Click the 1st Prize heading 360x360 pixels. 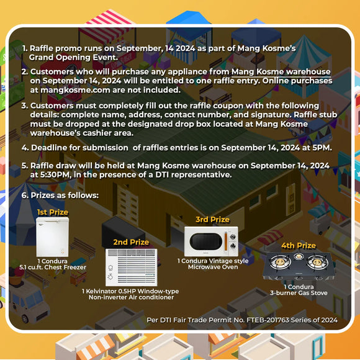click(x=53, y=212)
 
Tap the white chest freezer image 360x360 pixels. click(x=52, y=237)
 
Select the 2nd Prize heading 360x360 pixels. click(x=131, y=242)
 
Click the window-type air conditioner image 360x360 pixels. click(x=132, y=268)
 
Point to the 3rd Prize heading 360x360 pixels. click(x=213, y=220)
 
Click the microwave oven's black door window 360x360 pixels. click(x=206, y=241)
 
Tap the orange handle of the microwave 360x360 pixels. click(x=226, y=241)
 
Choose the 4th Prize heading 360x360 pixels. click(x=299, y=246)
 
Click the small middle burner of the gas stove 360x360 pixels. click(x=299, y=256)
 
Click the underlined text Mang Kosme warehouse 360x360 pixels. click(x=281, y=71)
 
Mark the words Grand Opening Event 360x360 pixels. click(x=73, y=57)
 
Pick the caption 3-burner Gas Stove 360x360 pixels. click(x=299, y=293)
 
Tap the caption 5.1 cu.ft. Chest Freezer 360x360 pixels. click(x=53, y=268)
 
